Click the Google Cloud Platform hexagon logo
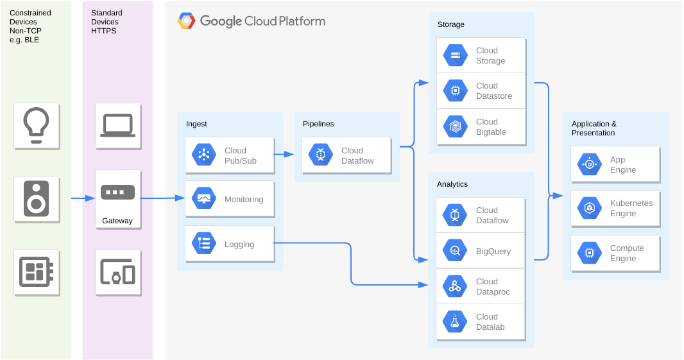pyautogui.click(x=186, y=21)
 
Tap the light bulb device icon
pyautogui.click(x=36, y=126)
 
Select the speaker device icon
pyautogui.click(x=36, y=199)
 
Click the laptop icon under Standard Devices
pyautogui.click(x=118, y=126)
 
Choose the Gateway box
pyautogui.click(x=118, y=199)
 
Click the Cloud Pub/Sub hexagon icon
pyautogui.click(x=203, y=155)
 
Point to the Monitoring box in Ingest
pyautogui.click(x=230, y=199)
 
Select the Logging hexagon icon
pyautogui.click(x=203, y=243)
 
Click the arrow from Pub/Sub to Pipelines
pyautogui.click(x=284, y=154)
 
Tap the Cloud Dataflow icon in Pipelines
pyautogui.click(x=321, y=155)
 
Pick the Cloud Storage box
pyautogui.click(x=481, y=55)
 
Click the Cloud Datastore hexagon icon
pyautogui.click(x=455, y=90)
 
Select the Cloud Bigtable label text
pyautogui.click(x=492, y=126)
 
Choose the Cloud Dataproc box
pyautogui.click(x=481, y=286)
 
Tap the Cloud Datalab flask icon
pyautogui.click(x=455, y=321)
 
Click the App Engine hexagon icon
pyautogui.click(x=589, y=164)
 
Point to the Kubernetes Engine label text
pyautogui.click(x=631, y=208)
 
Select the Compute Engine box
pyautogui.click(x=615, y=253)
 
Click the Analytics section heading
pyautogui.click(x=452, y=184)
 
